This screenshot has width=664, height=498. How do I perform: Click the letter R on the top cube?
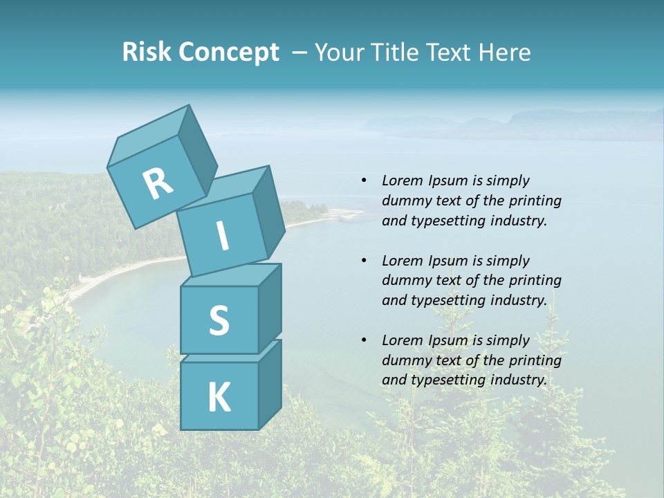coord(158,183)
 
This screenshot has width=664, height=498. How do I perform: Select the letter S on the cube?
coord(219,320)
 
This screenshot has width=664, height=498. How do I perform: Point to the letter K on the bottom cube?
coord(219,398)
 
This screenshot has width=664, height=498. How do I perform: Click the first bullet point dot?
coord(364,181)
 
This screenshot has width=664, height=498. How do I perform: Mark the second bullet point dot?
coord(364,261)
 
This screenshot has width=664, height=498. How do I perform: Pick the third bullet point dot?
coord(364,340)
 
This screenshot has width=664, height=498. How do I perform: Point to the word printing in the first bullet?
coord(535,201)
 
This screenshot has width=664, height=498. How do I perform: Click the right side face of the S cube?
coord(270,308)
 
